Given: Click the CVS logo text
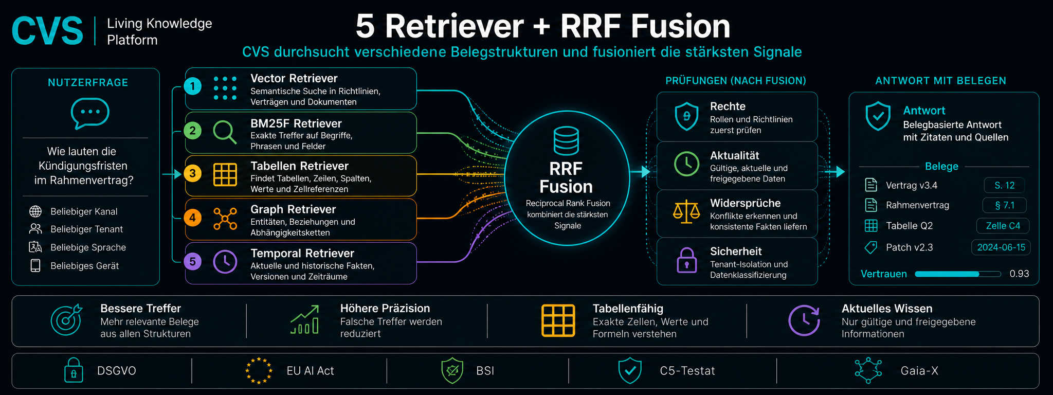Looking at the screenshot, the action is (47, 30).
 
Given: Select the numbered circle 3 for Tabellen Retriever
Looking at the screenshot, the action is (192, 173).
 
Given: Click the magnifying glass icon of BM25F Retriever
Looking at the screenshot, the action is (225, 132).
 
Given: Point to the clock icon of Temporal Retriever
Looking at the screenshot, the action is (225, 261).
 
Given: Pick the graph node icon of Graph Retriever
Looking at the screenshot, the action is (225, 219).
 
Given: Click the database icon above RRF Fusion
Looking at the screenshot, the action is (566, 140).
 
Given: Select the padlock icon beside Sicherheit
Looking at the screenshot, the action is (687, 260).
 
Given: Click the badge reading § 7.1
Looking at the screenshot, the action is (1005, 205).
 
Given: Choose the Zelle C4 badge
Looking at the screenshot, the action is (1003, 226).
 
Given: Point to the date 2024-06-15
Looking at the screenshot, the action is (1001, 247).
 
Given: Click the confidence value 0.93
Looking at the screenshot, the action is (1019, 274).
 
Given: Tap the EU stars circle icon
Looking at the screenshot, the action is (258, 370).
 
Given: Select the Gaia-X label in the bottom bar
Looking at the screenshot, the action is (919, 371).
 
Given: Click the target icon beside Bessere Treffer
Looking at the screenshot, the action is (66, 319).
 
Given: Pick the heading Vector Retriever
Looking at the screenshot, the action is (294, 78).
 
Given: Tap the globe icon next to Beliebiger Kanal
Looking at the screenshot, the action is (35, 211).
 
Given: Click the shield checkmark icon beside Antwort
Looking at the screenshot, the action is (878, 116).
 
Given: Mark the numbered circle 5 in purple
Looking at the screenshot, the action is (192, 261).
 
